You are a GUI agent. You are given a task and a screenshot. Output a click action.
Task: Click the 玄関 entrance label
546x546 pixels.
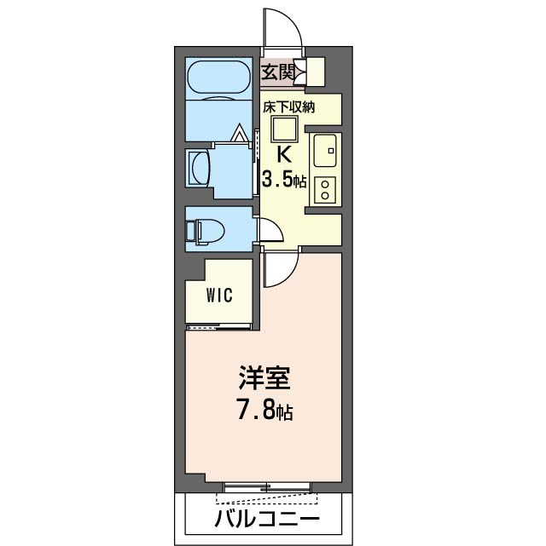(x=278, y=72)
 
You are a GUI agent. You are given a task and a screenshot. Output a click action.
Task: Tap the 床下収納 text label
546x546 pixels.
(x=289, y=107)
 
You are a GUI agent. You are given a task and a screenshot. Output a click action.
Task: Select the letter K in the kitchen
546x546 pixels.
(x=284, y=155)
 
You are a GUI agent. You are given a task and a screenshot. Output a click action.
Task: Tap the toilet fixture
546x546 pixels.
(x=204, y=231)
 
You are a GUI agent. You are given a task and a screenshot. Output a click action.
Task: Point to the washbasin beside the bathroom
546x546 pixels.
(x=198, y=168)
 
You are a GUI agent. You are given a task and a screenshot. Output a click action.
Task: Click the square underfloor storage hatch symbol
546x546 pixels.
(x=283, y=129)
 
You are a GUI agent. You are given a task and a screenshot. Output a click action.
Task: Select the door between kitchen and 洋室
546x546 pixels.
(x=277, y=271)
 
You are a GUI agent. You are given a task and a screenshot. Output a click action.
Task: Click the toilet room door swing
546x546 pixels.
(x=269, y=231)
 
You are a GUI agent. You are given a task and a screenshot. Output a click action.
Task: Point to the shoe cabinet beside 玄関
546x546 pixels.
(x=314, y=72)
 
